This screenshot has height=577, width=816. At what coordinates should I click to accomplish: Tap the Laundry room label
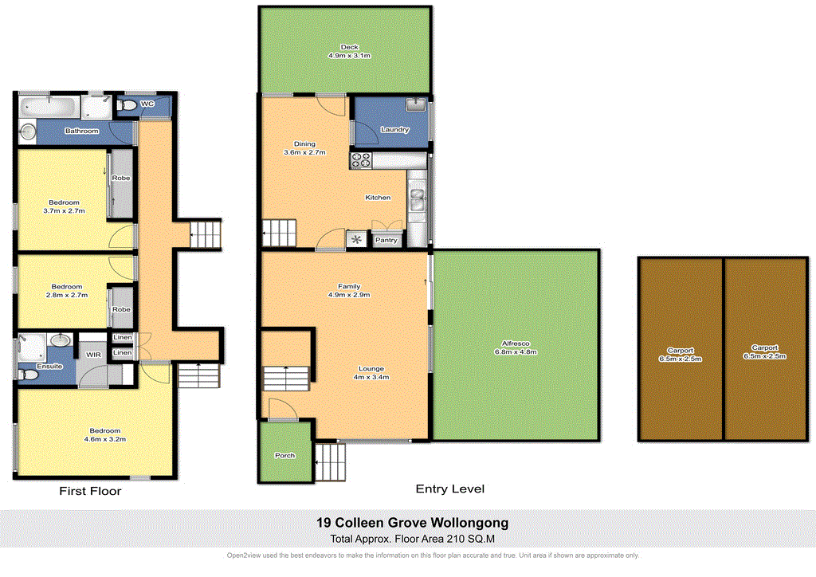coord(395,130)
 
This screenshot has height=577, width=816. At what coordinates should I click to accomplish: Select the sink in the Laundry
coord(414,104)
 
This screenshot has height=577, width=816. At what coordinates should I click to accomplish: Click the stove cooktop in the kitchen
coord(361,160)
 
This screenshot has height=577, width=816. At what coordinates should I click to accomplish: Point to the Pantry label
coord(386,240)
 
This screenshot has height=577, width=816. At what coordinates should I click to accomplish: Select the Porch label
coord(285,456)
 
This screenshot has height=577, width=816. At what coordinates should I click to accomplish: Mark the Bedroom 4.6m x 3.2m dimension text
coord(104,439)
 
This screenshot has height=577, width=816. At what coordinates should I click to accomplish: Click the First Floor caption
coord(90,492)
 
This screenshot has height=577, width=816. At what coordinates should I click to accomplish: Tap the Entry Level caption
coord(450,489)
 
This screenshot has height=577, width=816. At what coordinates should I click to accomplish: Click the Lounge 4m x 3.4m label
coord(371,373)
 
